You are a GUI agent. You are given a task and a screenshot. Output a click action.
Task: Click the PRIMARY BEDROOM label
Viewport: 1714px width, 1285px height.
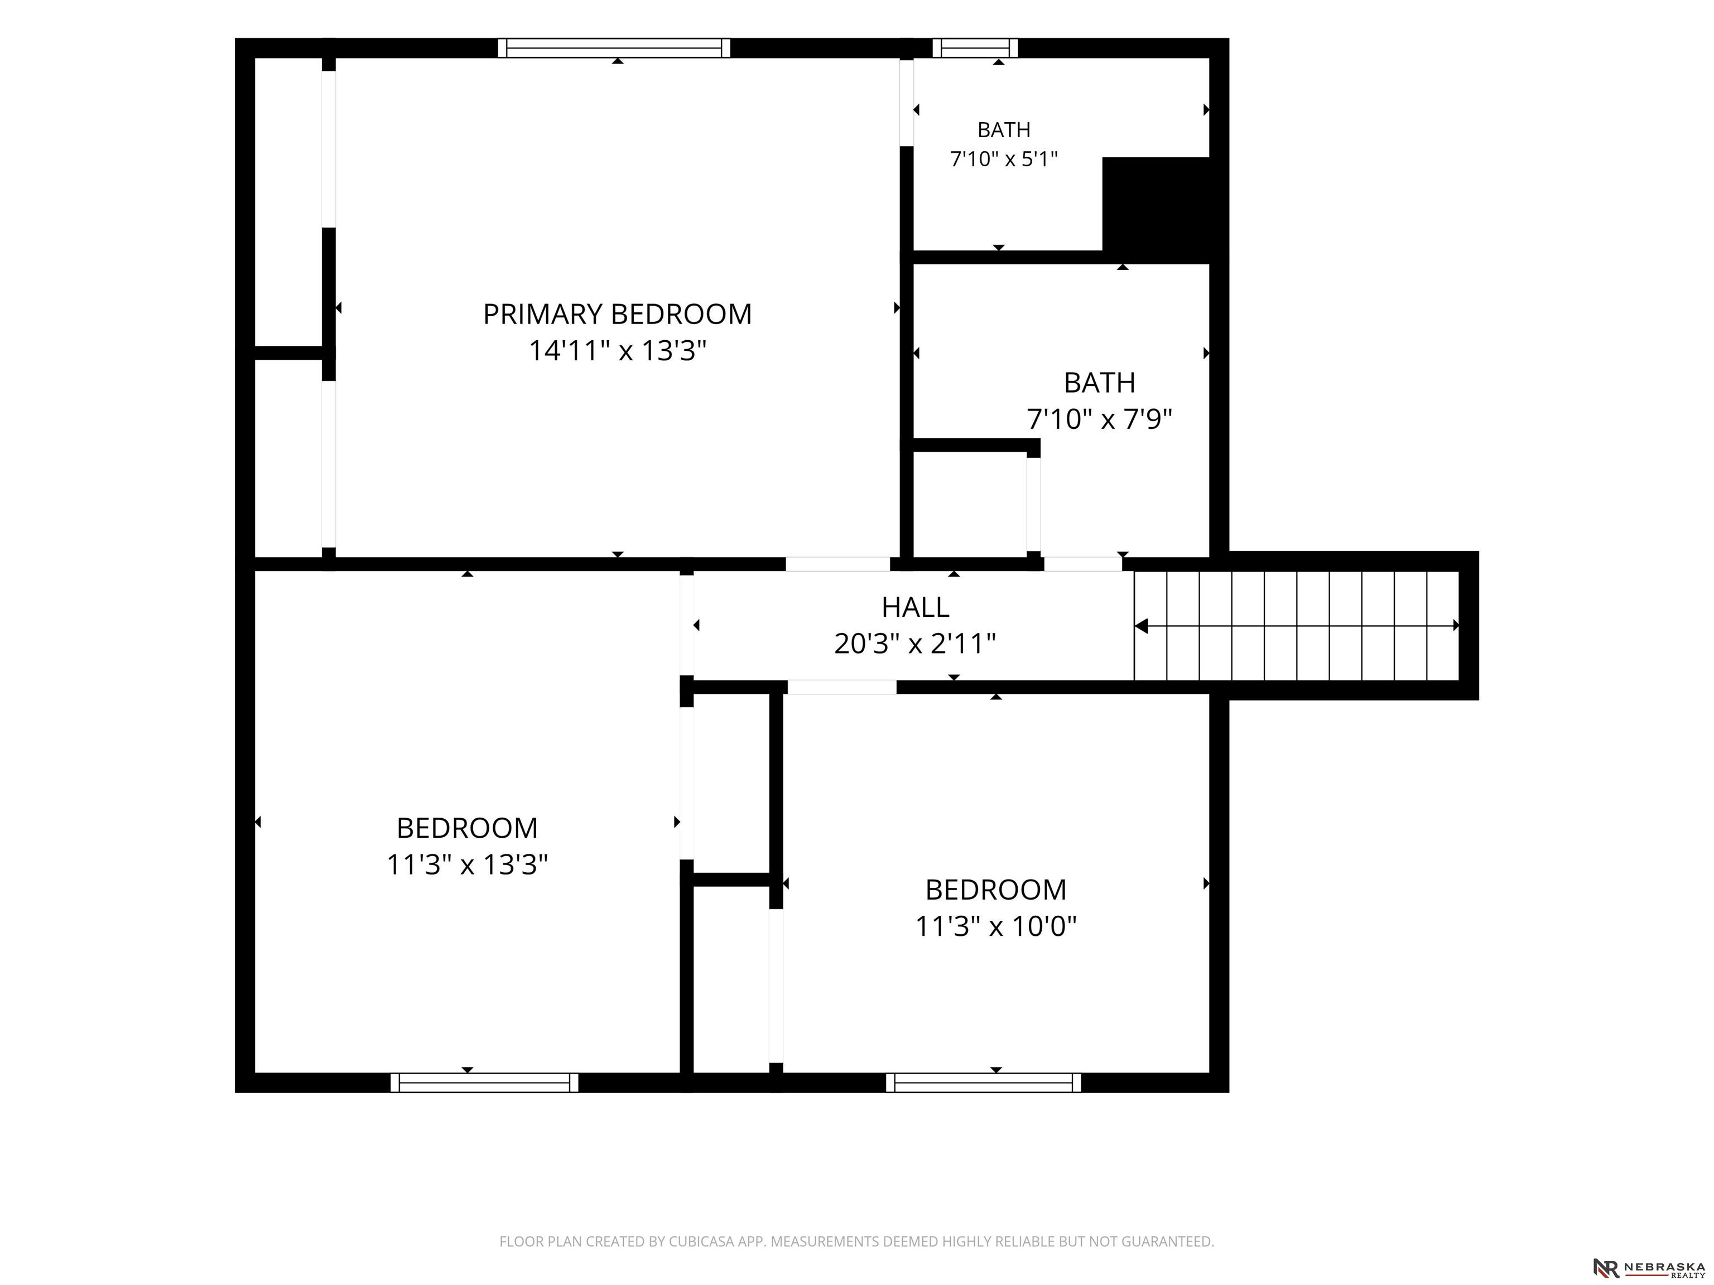click(x=618, y=313)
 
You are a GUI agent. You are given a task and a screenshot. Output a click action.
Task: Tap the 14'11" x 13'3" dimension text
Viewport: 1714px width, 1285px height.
click(x=618, y=351)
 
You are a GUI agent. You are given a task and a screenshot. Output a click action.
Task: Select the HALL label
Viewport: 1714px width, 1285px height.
click(x=915, y=607)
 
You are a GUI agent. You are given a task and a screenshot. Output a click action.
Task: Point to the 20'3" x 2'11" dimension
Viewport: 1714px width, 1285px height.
click(x=915, y=644)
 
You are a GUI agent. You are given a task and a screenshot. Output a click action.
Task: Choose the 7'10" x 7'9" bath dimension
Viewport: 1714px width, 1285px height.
click(x=1100, y=419)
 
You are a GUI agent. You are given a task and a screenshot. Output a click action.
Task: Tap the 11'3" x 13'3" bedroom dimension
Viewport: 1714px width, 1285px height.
click(x=467, y=864)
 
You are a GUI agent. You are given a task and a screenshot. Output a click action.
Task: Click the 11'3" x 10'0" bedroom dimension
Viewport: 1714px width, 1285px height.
click(x=996, y=926)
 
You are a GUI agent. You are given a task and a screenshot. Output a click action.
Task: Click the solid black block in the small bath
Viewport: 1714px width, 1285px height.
click(x=1156, y=209)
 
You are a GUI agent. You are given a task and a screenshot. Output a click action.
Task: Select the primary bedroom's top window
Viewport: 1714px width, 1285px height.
click(x=614, y=48)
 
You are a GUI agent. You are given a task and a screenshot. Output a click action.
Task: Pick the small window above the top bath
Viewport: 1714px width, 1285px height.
click(x=975, y=48)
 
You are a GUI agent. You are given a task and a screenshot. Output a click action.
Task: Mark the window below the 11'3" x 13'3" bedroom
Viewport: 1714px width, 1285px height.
click(x=484, y=1083)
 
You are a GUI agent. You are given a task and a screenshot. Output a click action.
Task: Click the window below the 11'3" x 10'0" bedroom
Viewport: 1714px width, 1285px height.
click(x=983, y=1083)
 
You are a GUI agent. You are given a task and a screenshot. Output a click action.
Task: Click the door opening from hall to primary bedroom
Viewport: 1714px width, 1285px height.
click(x=837, y=564)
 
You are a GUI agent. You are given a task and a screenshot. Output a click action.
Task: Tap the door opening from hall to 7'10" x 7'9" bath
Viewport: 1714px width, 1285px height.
click(x=1082, y=564)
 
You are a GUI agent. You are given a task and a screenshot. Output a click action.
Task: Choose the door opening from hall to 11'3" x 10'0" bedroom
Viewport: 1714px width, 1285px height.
click(x=842, y=687)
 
